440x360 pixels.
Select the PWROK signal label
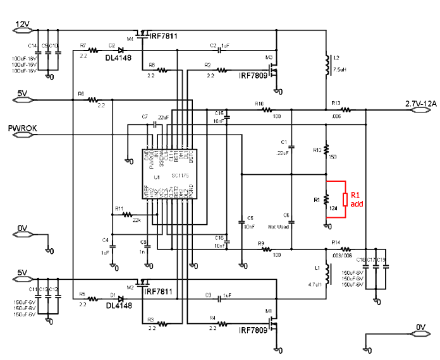[x=23, y=129]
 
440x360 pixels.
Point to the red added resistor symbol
[x=345, y=200]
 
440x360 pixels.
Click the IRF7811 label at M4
[x=162, y=36]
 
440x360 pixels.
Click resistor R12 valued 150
[x=327, y=153]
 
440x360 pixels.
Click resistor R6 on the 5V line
[x=93, y=100]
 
